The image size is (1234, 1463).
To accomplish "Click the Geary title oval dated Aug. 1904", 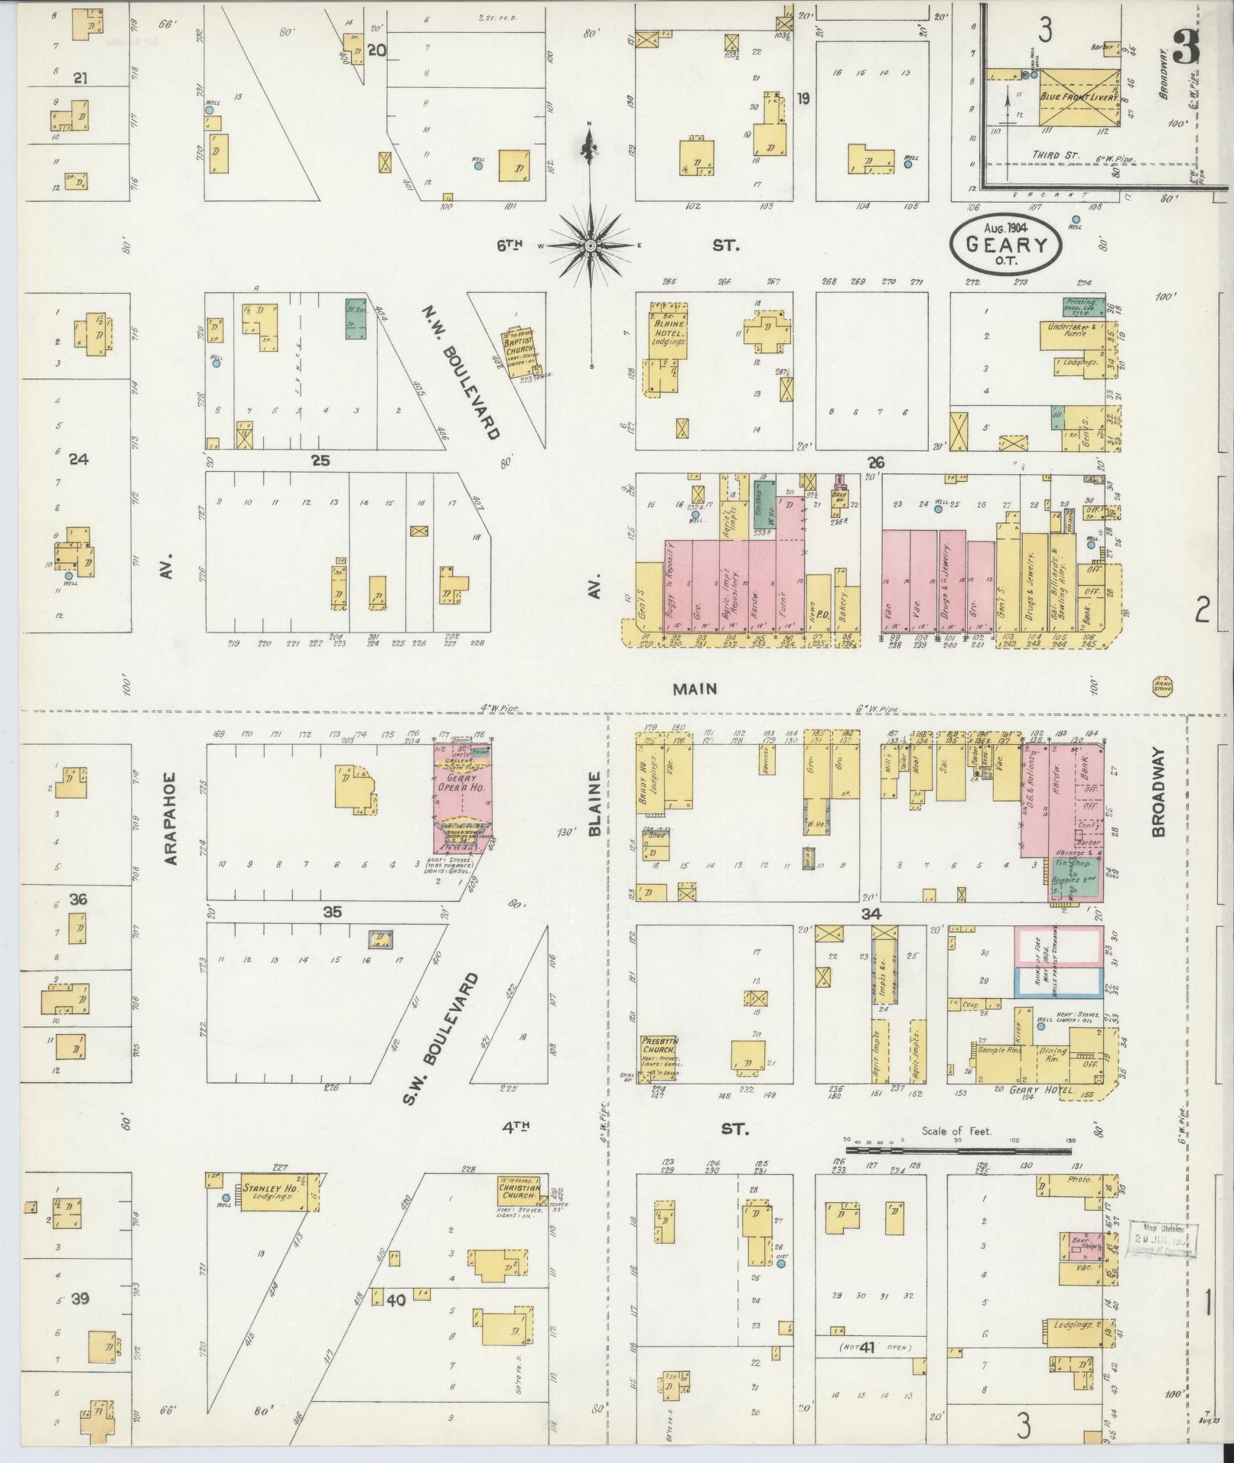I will [x=1005, y=243].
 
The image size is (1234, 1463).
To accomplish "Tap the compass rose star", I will [x=591, y=245].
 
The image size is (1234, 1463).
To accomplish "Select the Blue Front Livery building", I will [x=1079, y=97].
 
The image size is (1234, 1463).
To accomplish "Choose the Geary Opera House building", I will [x=462, y=796].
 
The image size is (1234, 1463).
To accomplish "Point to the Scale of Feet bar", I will [x=957, y=1149].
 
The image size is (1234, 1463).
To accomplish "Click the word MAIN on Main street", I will [x=695, y=688].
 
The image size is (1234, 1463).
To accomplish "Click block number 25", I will [x=320, y=460].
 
